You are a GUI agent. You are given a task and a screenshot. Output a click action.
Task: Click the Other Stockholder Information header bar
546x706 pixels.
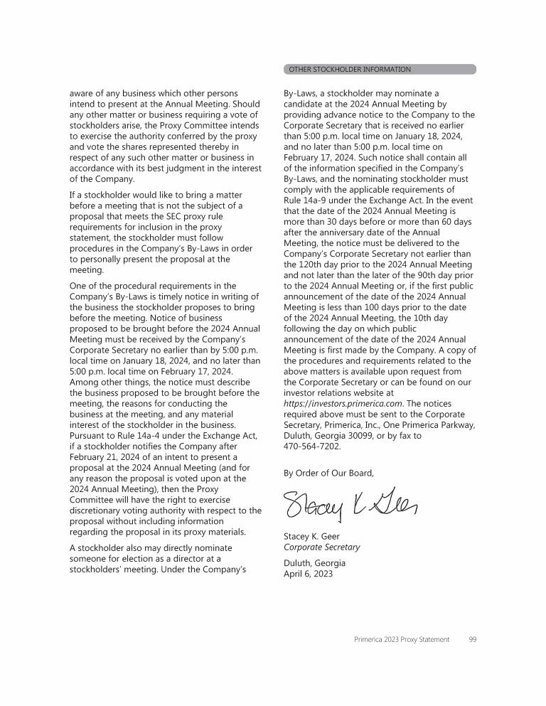coord(380,70)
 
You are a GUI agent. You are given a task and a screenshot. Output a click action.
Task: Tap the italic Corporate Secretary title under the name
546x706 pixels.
coord(321,547)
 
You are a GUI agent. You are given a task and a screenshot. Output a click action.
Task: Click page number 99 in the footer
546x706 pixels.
coord(473,640)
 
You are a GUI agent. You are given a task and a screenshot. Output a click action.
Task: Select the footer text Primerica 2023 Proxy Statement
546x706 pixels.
coord(402,640)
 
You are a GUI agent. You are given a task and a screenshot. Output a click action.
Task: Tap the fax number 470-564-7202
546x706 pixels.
coord(312,446)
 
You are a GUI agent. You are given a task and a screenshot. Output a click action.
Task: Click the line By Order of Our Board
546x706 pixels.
coord(328,472)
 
